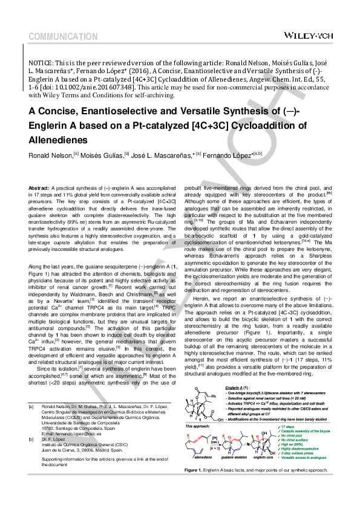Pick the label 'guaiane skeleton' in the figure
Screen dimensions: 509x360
pyautogui.click(x=237, y=476)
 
